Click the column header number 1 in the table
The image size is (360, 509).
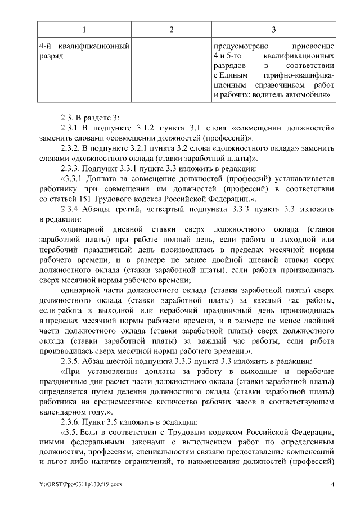(84, 30)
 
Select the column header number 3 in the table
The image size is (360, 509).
(273, 30)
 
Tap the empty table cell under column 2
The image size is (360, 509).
(170, 70)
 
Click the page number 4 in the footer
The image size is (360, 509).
(333, 484)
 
